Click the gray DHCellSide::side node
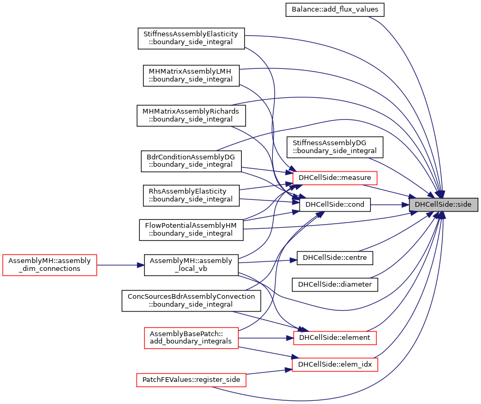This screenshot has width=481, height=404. pos(443,205)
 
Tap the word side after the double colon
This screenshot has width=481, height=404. pos(465,205)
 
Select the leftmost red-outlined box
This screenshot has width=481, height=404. pos(49,265)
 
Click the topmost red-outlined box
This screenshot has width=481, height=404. pos(334,178)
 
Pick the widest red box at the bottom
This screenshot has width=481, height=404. pos(191,380)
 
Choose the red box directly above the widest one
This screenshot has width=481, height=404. pos(191,338)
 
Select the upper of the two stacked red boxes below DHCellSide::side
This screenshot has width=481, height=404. pos(335,338)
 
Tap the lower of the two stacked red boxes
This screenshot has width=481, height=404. pos(335,365)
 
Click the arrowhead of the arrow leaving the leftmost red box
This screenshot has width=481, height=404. pos(141,265)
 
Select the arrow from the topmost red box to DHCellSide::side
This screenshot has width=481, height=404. pos(389,191)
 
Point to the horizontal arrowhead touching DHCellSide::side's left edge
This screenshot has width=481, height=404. pos(405,205)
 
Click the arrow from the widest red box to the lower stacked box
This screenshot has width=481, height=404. pos(268,371)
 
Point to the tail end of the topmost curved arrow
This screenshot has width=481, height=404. pos(369,17)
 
